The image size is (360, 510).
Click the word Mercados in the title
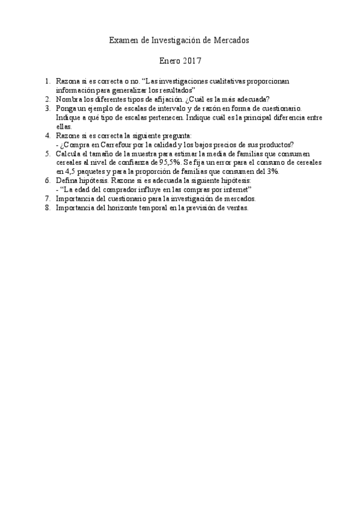[x=231, y=40]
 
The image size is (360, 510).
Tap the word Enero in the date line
[x=169, y=61]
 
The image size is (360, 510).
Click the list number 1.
[x=47, y=81]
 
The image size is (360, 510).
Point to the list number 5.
[x=47, y=154]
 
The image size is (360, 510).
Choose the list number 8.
[x=47, y=207]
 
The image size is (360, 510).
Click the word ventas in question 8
[x=236, y=207]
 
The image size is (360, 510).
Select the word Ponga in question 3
[x=67, y=108]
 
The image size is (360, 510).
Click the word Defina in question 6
[x=67, y=180]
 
